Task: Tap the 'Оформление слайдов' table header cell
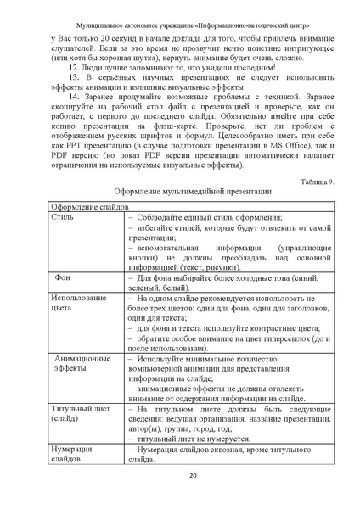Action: tap(91, 230)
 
